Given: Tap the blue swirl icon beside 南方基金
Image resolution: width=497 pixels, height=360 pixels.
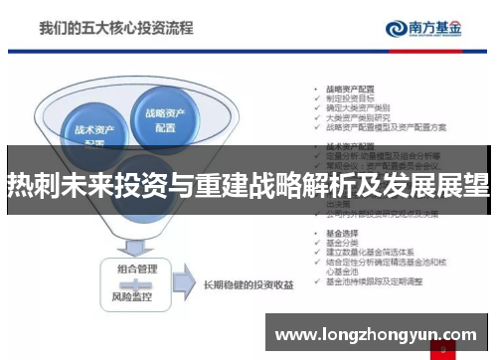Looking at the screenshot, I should tap(394, 29).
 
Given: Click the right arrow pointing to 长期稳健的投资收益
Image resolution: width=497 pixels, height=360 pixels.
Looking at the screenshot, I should tap(185, 282).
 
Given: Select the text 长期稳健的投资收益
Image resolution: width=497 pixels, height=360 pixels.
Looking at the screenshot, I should tap(249, 283).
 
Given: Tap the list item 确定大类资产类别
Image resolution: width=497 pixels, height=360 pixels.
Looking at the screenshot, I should tap(355, 108).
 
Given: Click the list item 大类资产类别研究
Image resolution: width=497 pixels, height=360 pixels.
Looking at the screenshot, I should tap(355, 118).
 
